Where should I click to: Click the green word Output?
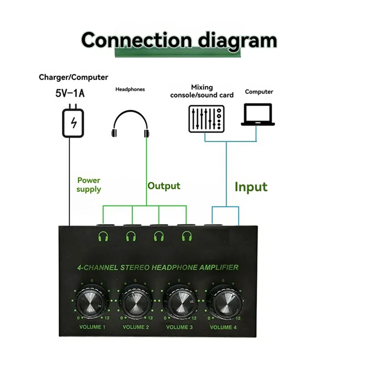[164, 186]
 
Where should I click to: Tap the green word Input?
[251, 187]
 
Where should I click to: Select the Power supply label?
[89, 185]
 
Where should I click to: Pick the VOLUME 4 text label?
[223, 327]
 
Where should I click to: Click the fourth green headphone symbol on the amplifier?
[186, 236]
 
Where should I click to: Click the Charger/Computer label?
[73, 78]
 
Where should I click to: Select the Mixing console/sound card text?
[202, 91]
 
